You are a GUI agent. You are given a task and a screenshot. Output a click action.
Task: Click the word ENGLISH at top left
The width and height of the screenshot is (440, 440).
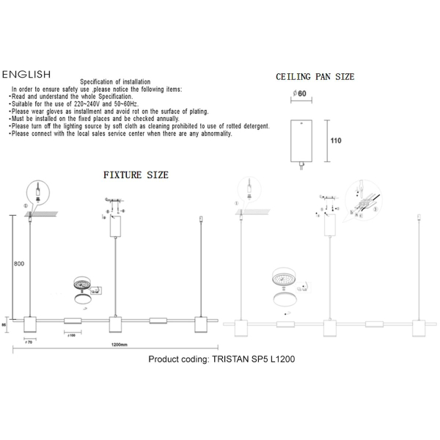(26, 75)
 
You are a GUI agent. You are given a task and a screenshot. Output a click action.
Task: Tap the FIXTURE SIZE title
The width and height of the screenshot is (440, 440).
(136, 175)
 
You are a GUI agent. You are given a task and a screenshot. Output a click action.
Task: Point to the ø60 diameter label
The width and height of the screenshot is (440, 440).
(299, 94)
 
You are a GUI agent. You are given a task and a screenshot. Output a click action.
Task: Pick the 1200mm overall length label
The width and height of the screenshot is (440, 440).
(115, 345)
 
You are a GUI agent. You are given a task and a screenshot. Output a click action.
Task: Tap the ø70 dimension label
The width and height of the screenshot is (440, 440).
(30, 342)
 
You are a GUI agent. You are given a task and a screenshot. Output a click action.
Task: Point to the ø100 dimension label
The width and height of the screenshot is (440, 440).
(73, 336)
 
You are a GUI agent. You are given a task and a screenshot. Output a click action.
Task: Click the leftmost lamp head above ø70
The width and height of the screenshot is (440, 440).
(31, 324)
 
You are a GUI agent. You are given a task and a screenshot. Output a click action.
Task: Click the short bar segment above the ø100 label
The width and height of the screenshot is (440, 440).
(73, 321)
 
